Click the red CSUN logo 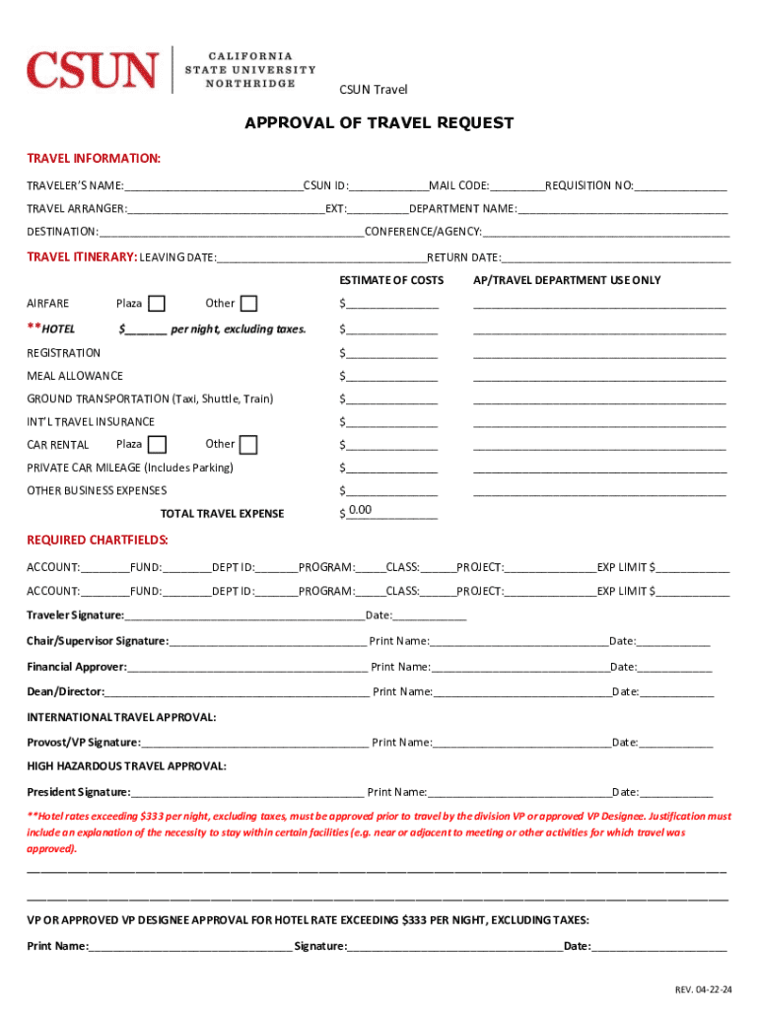[x=92, y=70]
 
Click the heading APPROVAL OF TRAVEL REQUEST [x=379, y=123]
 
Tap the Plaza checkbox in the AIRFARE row [x=156, y=303]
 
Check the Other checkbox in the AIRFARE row [x=248, y=303]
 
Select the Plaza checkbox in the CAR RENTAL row [x=156, y=445]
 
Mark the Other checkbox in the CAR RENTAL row [x=248, y=445]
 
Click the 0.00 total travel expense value [x=360, y=510]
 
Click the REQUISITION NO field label [x=589, y=185]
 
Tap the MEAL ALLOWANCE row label [x=75, y=376]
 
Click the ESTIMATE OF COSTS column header [x=391, y=280]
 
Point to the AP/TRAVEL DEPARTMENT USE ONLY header [x=567, y=280]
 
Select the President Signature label [x=78, y=792]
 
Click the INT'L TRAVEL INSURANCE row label [x=91, y=422]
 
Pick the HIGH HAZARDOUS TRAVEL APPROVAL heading [x=126, y=766]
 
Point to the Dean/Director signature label [x=65, y=691]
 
